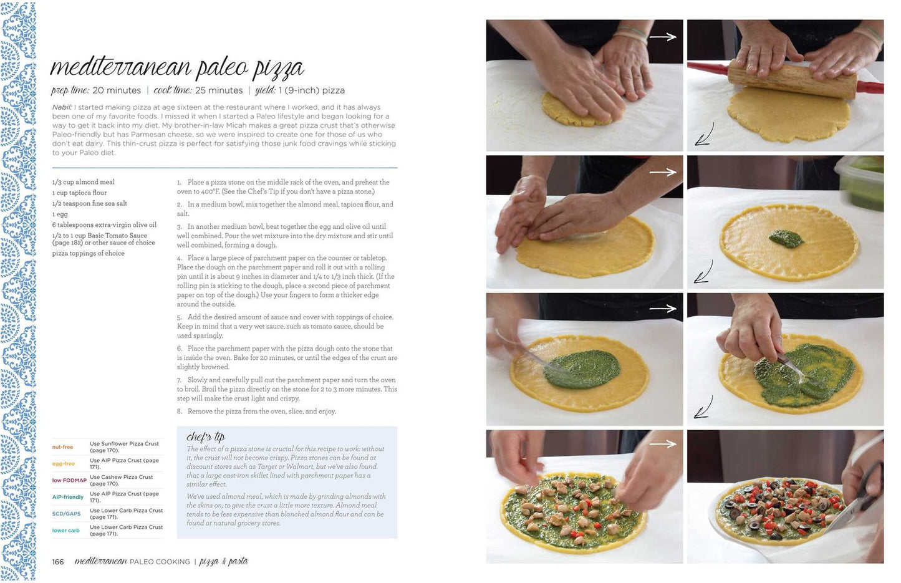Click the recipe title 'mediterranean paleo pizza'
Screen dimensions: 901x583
coord(177,67)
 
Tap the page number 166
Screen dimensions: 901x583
coord(58,562)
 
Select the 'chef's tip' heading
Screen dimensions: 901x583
coord(206,437)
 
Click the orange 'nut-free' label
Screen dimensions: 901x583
coord(62,447)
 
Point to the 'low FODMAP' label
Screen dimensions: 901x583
coord(69,480)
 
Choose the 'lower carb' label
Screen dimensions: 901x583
coord(65,530)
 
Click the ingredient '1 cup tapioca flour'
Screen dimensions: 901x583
coord(79,193)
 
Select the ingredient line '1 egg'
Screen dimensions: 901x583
coord(60,214)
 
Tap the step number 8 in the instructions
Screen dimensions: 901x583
coord(180,411)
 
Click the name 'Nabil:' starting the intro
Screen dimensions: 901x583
coord(62,107)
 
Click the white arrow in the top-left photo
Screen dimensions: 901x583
coord(662,37)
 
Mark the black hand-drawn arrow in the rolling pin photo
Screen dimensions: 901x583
coord(705,135)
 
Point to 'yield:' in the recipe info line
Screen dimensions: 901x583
coord(265,90)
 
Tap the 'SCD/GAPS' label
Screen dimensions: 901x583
coord(66,514)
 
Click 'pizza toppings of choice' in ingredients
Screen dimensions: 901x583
coord(88,254)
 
